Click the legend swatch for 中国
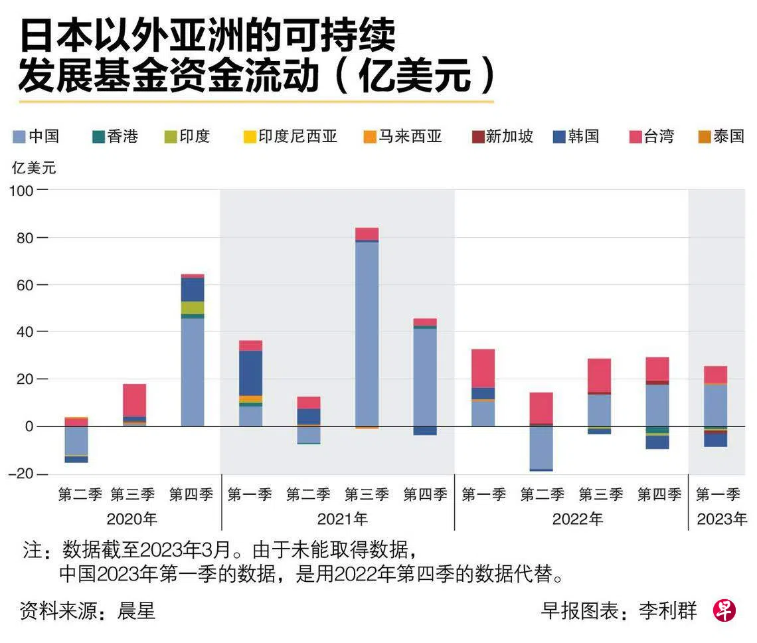tap(19, 138)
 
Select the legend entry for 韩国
tap(576, 137)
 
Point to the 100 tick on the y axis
tap(21, 191)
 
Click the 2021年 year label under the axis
tap(337, 519)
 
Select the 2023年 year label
tap(721, 519)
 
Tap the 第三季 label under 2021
tap(367, 495)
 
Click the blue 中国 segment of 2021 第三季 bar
tap(367, 332)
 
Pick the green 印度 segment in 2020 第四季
tap(193, 308)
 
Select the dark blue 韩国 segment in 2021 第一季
tap(251, 373)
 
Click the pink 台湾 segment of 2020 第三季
tap(134, 400)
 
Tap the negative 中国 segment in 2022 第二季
tap(541, 447)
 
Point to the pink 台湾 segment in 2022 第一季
tap(483, 368)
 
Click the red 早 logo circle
tap(724, 610)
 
